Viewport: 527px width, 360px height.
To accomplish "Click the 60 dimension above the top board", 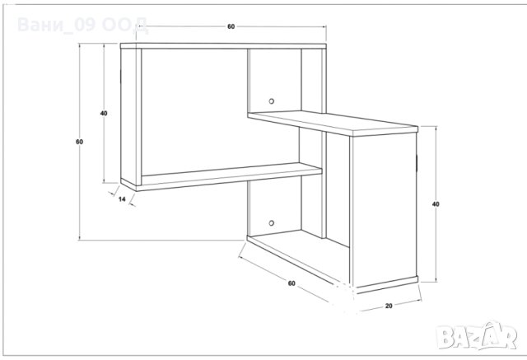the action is pos(231,26).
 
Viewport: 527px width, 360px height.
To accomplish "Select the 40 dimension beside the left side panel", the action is pos(104,114).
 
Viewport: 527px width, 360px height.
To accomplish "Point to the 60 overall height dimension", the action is pos(79,142).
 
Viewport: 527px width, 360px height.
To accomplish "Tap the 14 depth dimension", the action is pos(122,199).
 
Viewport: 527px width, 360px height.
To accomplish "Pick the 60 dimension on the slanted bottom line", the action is pos(291,283).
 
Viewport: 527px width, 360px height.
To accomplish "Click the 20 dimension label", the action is pos(389,306).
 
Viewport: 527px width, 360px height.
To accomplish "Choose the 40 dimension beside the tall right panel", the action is pos(436,204).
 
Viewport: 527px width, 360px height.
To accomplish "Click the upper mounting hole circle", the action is pos(271,101).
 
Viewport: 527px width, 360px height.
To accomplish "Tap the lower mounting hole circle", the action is pos(271,223).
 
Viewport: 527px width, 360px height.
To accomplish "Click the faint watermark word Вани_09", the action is pos(57,25).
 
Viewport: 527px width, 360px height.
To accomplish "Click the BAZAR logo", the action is pos(476,334).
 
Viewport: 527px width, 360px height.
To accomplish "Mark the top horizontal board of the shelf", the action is pos(223,46).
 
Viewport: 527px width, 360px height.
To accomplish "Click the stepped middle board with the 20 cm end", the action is pos(333,124).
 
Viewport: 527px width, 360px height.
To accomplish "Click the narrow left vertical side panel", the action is pos(131,116).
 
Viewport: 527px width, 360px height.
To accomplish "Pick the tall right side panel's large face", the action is pos(383,209).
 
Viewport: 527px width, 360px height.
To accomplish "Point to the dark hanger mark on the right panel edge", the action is pos(417,162).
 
